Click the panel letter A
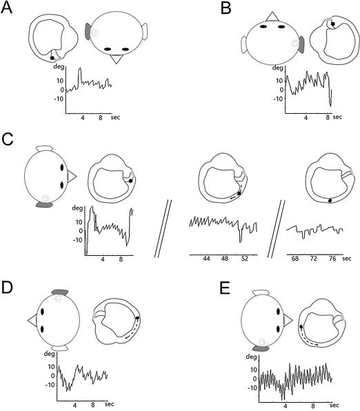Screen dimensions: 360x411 [x=7, y=8]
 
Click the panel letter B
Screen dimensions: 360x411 [x=226, y=8]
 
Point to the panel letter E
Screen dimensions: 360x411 [x=226, y=288]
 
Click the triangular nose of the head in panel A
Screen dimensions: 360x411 [x=116, y=59]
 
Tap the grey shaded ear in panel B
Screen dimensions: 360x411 [x=301, y=45]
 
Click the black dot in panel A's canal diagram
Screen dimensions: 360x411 [x=52, y=58]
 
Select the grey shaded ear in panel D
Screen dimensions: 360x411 [x=60, y=292]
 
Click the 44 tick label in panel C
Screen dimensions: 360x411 [x=206, y=259]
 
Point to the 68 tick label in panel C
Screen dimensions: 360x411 [x=295, y=259]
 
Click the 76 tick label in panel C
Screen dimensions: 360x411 [x=332, y=259]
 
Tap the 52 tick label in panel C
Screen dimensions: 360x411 [x=244, y=259]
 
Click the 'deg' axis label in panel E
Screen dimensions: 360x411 [x=251, y=357]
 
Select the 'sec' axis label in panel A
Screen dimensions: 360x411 [x=115, y=117]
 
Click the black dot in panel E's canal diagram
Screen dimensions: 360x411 [x=301, y=327]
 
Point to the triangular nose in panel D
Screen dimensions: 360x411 [x=32, y=320]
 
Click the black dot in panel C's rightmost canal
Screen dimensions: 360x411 [x=330, y=201]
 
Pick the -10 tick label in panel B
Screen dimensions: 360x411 [x=279, y=99]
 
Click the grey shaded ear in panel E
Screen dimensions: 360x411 [x=261, y=349]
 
